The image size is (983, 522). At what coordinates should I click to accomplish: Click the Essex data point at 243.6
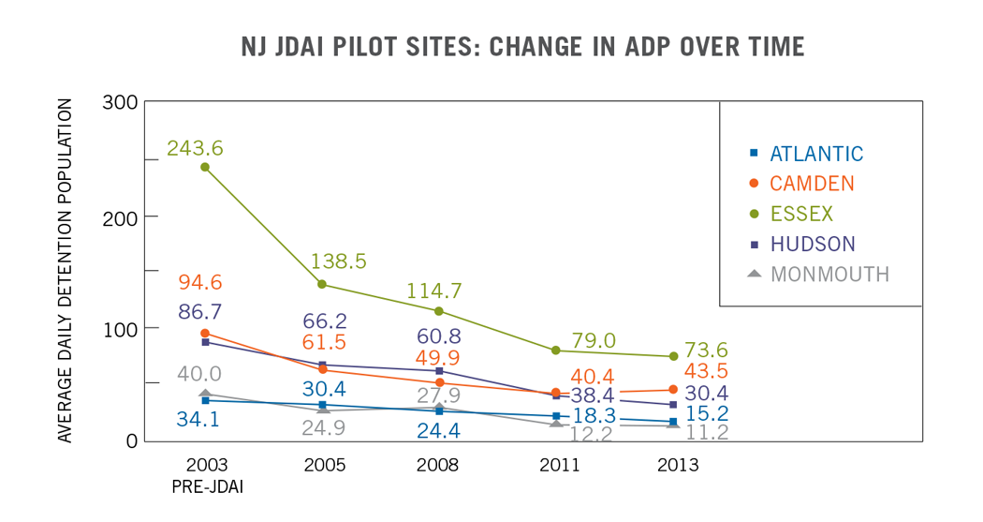tap(205, 167)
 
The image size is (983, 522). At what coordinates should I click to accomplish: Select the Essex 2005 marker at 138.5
tap(322, 284)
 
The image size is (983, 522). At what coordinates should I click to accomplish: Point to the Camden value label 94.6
tap(198, 283)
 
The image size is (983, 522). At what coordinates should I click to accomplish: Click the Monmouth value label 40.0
tap(198, 374)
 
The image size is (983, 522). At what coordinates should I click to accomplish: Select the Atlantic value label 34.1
tap(198, 419)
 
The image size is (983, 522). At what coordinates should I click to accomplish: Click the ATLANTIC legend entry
tap(816, 154)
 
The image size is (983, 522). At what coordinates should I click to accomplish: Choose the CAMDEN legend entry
tap(812, 184)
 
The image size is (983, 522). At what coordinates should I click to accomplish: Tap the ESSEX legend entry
tap(801, 214)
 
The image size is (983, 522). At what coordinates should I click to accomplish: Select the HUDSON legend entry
tap(812, 244)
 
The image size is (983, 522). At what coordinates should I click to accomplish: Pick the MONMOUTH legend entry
tap(829, 275)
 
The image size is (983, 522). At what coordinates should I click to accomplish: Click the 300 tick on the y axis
tap(120, 102)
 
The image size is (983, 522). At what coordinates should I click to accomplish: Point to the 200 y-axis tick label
tap(120, 216)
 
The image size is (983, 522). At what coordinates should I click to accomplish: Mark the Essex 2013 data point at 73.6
tap(673, 356)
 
